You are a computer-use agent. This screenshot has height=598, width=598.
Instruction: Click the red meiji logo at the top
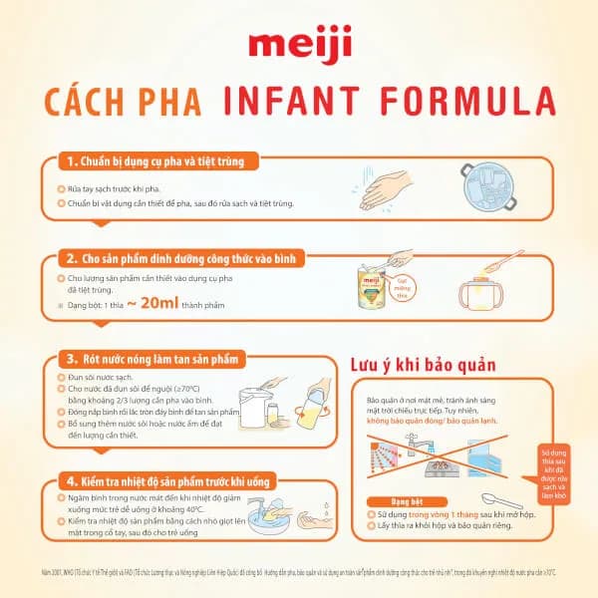[x=297, y=46]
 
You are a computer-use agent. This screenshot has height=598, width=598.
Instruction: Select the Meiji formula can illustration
[x=372, y=288]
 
